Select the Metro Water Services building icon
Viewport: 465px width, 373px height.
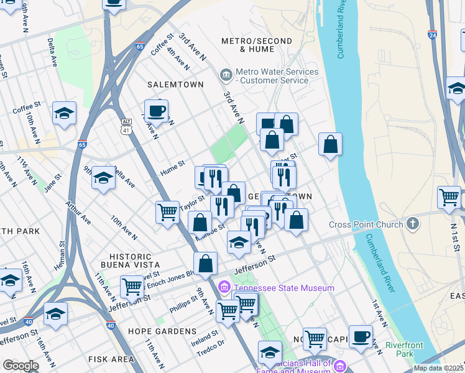(x=226, y=75)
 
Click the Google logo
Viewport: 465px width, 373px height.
(x=21, y=366)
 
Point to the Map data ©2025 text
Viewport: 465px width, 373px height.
(x=438, y=368)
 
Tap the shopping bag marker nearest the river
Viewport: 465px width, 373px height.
(x=331, y=144)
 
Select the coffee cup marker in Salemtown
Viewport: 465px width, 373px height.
(x=156, y=111)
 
